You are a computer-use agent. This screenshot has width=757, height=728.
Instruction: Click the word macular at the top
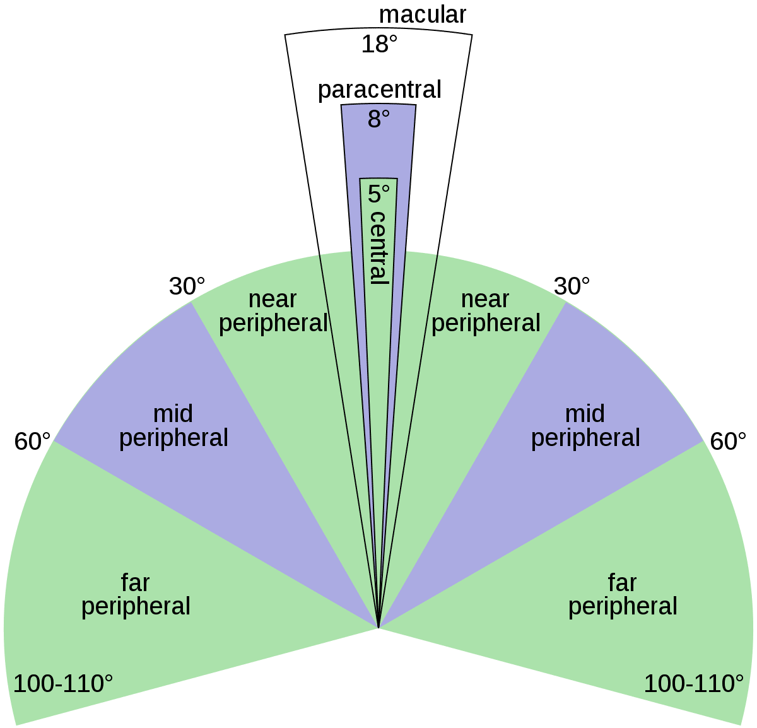point(422,15)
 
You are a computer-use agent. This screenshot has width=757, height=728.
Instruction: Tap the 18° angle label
point(380,44)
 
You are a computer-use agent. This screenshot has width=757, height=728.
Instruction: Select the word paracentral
point(379,90)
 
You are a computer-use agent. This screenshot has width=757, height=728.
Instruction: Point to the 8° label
point(378,119)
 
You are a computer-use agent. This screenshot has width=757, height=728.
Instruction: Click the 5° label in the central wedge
point(378,194)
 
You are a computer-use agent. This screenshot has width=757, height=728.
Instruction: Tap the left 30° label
point(187,287)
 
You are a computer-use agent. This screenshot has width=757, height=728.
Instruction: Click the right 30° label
point(572,286)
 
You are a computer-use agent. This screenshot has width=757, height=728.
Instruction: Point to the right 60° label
point(728,442)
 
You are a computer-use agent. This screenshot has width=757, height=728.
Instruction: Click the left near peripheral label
point(273,311)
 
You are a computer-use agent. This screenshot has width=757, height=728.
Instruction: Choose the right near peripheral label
point(486,311)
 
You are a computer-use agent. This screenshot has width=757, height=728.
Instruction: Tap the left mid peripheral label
point(173,426)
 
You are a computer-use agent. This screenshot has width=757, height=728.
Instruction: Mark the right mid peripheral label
point(585,426)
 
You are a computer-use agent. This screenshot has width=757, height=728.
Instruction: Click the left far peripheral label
point(136,594)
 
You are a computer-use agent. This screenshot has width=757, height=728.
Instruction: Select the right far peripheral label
point(623,594)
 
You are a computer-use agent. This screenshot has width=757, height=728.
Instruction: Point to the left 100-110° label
point(63,684)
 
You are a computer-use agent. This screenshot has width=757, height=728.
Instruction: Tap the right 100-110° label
point(693,684)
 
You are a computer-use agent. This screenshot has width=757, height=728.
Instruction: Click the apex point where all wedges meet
point(378,628)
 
